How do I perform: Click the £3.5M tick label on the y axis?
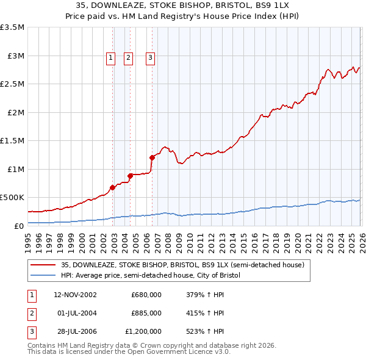coord(12,27)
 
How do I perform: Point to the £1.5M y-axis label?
coord(12,141)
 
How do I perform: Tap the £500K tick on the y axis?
coord(12,198)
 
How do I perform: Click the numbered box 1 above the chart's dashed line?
coord(110,59)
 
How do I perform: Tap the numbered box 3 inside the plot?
coord(150,59)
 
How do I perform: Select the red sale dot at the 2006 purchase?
coord(152,158)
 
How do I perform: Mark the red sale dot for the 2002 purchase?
coord(112,187)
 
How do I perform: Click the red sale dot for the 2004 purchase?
coord(130,176)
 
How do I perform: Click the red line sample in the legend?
coord(44,265)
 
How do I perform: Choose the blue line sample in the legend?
coord(44,275)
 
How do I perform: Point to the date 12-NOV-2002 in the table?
coord(75,295)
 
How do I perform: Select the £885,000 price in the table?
coord(146,313)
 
